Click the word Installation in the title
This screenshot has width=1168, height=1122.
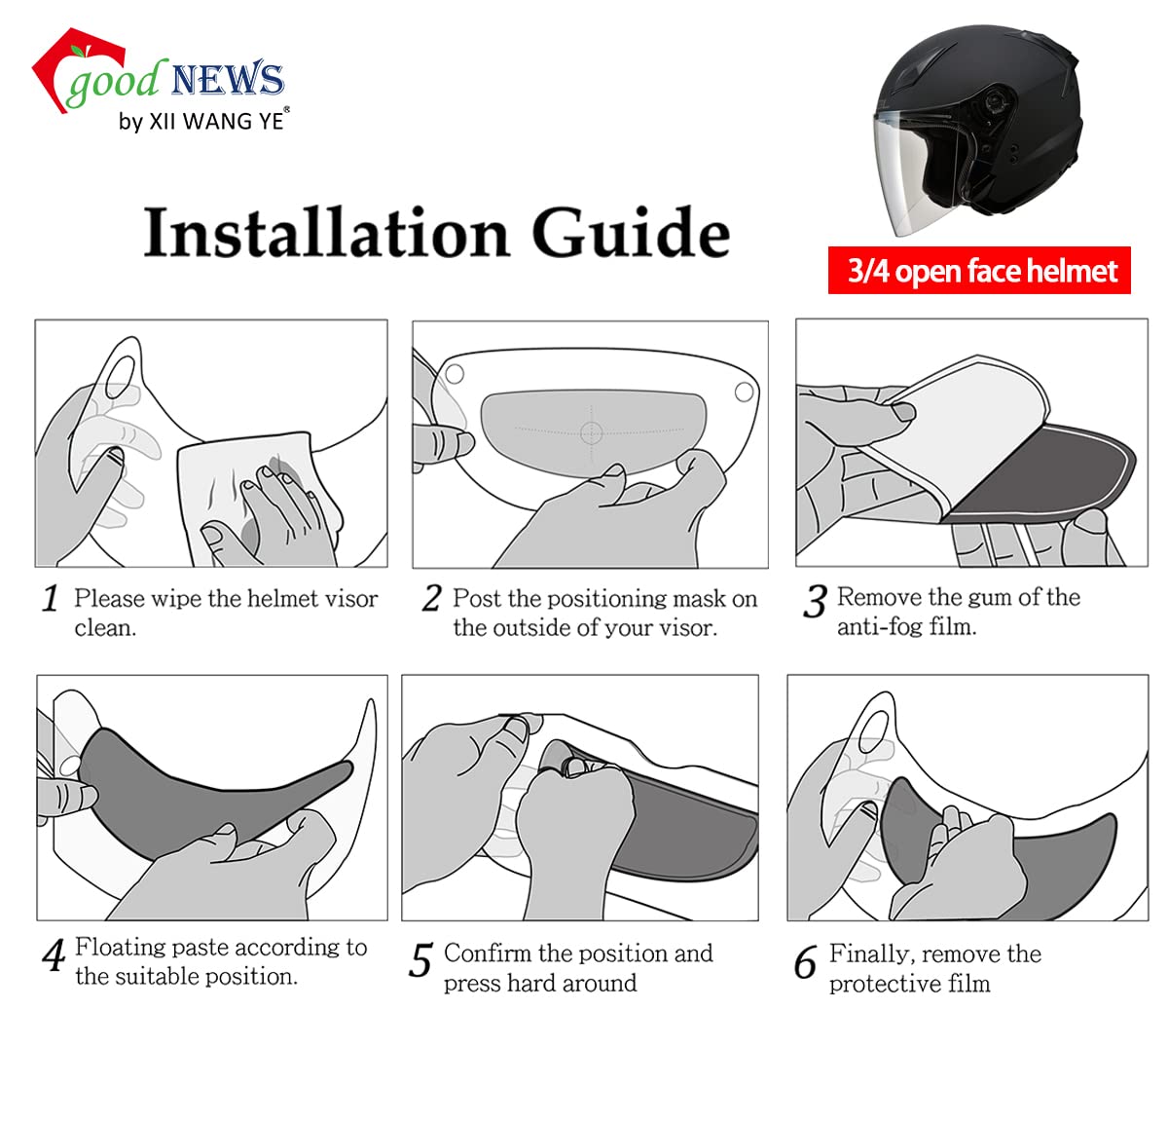(326, 234)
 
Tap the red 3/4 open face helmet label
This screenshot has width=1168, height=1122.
(979, 271)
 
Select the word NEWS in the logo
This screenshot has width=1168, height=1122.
(227, 80)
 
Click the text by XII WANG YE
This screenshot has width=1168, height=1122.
(201, 121)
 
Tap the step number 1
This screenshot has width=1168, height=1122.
(51, 599)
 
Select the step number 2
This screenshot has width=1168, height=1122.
(431, 598)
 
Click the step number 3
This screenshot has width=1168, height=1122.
(814, 602)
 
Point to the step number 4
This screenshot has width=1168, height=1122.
(54, 954)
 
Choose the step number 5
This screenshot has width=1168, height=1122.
(420, 961)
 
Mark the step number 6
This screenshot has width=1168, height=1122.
(805, 963)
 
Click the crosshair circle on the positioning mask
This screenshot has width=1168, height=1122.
(592, 432)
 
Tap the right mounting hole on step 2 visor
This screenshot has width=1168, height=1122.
(744, 392)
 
